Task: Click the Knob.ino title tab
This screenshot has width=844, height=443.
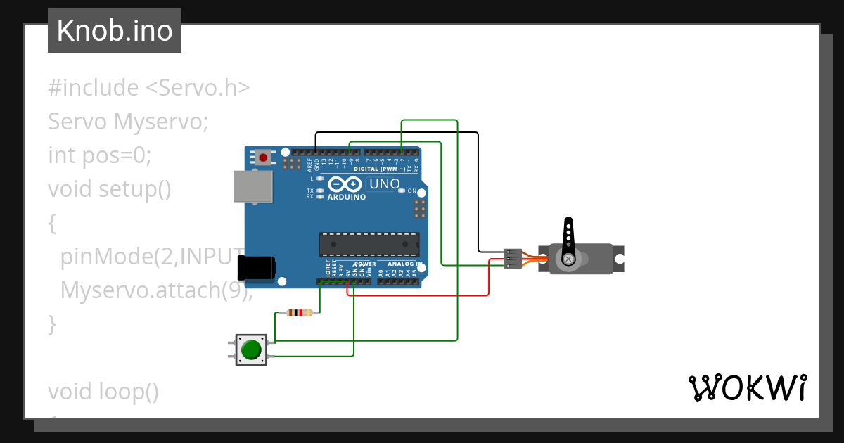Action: [x=115, y=31]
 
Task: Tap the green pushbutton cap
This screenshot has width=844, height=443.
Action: [x=251, y=349]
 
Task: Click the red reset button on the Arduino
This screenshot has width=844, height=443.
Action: [x=263, y=158]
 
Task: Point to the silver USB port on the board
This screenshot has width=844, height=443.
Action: [x=252, y=186]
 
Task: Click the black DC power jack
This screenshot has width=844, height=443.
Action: [x=255, y=268]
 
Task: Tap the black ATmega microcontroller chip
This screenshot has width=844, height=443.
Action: [x=369, y=244]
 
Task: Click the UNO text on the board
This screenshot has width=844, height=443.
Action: [x=384, y=185]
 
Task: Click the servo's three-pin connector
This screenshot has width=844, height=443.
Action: [x=513, y=259]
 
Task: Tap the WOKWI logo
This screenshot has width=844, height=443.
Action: [x=747, y=387]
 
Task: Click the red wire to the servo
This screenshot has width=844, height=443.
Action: [x=422, y=295]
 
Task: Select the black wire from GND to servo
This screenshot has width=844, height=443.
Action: [x=397, y=132]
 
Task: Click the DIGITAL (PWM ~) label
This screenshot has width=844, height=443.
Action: [x=379, y=169]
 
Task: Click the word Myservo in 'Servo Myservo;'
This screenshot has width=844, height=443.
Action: [x=161, y=122]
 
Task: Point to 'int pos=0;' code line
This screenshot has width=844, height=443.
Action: [x=100, y=155]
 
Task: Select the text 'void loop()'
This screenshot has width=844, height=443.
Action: [x=103, y=391]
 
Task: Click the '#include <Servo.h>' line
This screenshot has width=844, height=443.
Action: [x=148, y=88]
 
